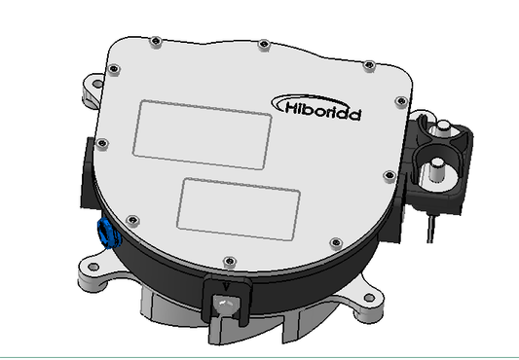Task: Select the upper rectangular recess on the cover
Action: [x=202, y=132]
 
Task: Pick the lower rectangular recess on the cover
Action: [x=240, y=207]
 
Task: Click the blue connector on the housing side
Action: [x=103, y=234]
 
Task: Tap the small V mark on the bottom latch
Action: [x=226, y=286]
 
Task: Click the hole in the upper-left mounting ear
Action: [x=95, y=85]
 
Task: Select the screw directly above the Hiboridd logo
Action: [x=368, y=65]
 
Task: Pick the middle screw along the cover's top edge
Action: [x=264, y=43]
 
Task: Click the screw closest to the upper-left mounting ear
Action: [x=114, y=69]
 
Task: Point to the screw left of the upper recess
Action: [x=103, y=145]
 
